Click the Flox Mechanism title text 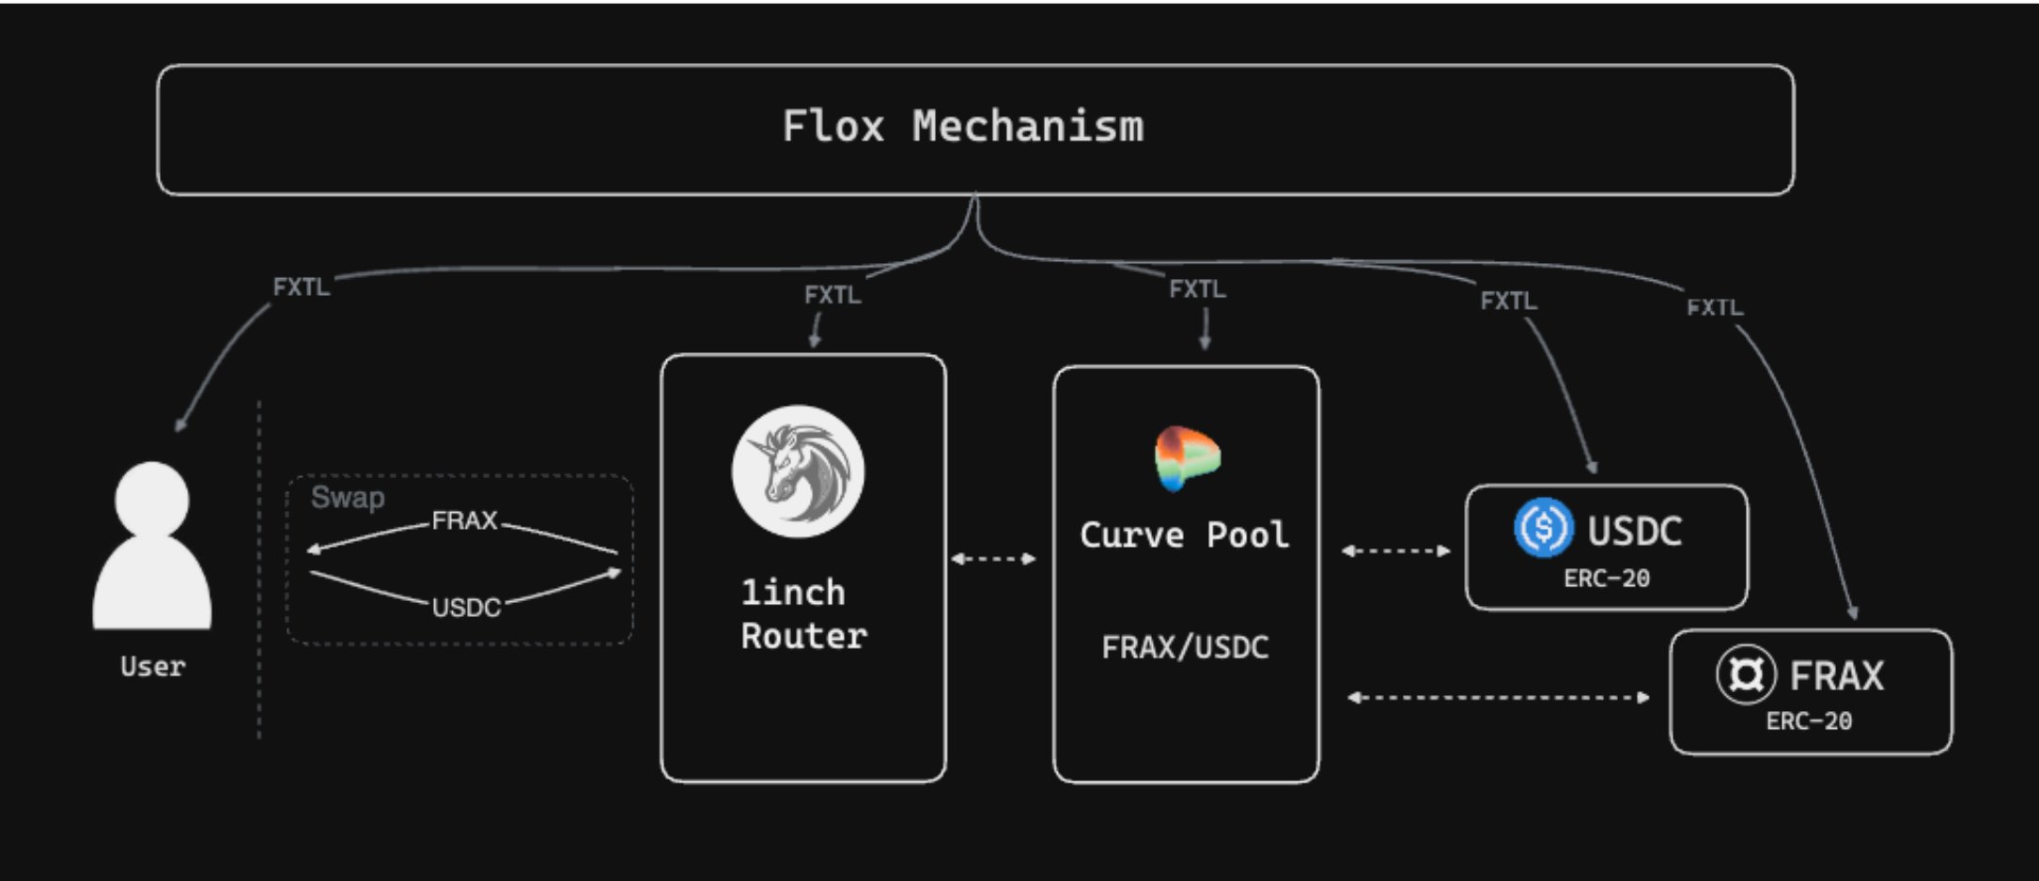pos(963,127)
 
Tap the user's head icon pos(151,499)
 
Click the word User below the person pos(152,667)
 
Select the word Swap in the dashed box pos(348,497)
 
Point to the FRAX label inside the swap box pos(464,520)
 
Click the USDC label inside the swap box pos(466,608)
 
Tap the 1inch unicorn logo pos(798,471)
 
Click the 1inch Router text pos(802,614)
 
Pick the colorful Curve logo pos(1186,458)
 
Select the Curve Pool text pos(1184,535)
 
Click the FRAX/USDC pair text pos(1185,647)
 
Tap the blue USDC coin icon pos(1543,528)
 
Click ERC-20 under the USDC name pos(1606,579)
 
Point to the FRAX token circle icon pos(1745,674)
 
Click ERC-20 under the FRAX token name pos(1808,721)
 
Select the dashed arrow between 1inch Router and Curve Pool pos(993,558)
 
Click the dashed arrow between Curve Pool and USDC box pos(1395,550)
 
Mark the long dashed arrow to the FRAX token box pos(1498,697)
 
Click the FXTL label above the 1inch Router pos(832,295)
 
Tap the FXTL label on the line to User pos(301,286)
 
